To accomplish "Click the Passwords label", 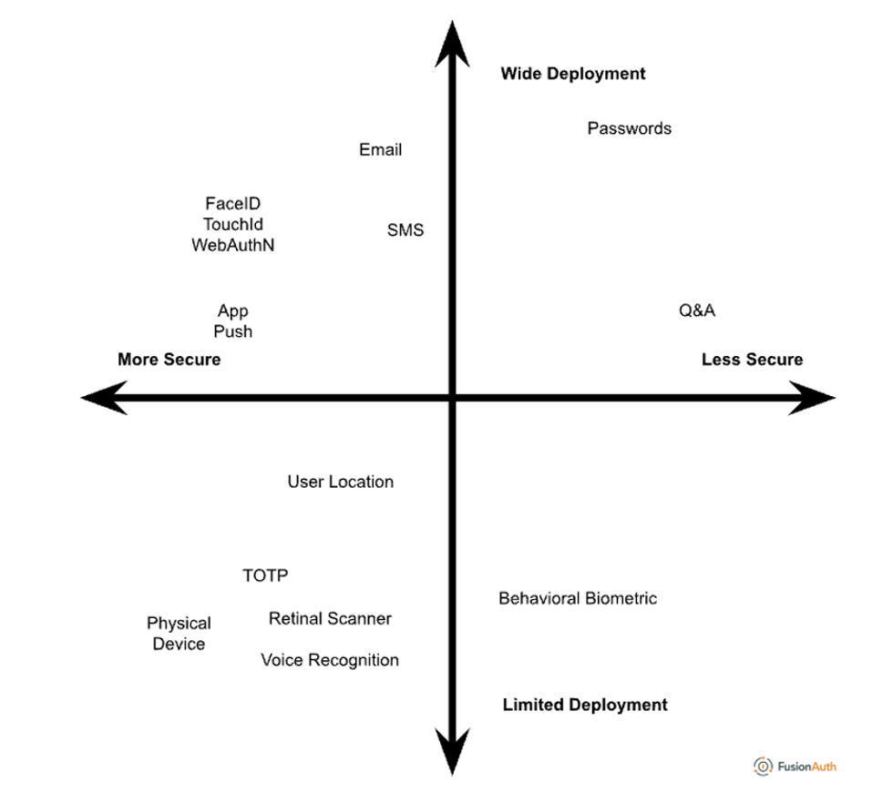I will pos(629,128).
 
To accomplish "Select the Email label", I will pos(380,150).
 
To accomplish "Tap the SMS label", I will pos(405,230).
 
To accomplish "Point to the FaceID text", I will pos(232,204).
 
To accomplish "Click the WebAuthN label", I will pos(232,245).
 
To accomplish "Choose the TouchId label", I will pos(233,224).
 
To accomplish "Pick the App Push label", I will pos(233,321).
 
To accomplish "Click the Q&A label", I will pos(697,310).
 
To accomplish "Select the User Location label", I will pos(341,482).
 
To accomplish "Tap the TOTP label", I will pos(265,575).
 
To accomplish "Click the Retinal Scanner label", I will pos(330,619).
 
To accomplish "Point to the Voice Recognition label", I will pos(330,660).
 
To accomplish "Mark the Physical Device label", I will pos(179,634).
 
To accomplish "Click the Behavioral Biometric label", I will pos(578,598).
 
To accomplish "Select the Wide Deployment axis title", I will pos(572,74).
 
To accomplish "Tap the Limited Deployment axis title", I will pos(585,705).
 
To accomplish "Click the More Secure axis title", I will pos(169,360).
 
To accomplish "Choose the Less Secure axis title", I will pos(752,360).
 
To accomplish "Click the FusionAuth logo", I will pos(795,766).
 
